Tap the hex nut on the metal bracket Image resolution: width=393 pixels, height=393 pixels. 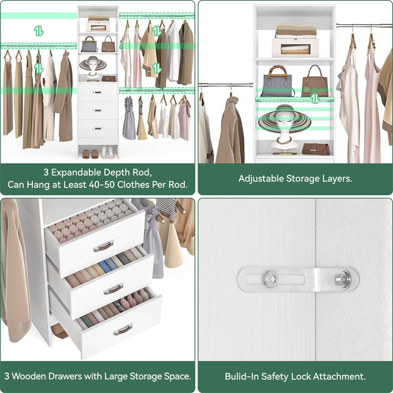270,279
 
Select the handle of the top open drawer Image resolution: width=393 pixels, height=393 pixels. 103,246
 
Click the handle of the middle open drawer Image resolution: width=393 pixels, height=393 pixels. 114,289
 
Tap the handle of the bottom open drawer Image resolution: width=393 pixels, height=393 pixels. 123,329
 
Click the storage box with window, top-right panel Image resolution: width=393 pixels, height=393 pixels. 295,48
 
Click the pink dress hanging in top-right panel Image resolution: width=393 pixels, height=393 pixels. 371,110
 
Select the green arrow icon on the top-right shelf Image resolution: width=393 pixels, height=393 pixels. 314,99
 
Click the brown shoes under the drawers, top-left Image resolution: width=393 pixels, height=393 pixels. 90,154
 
